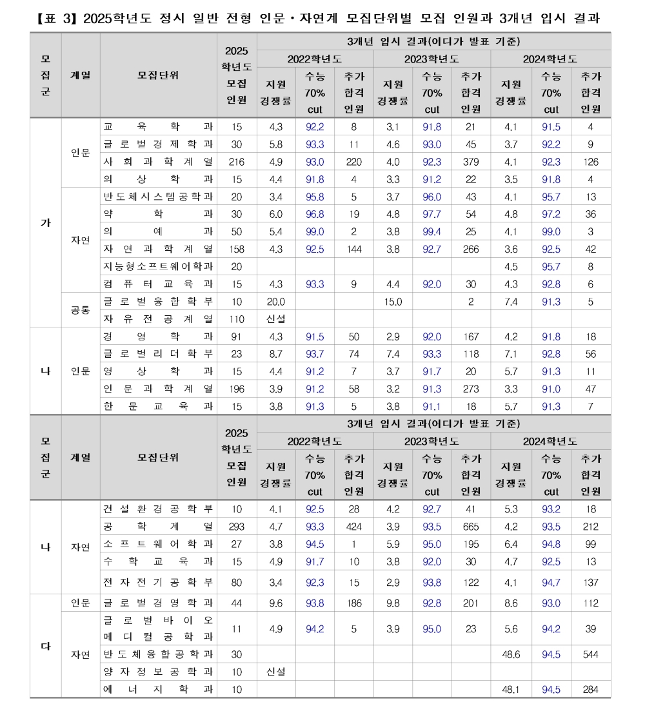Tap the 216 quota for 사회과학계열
point(237,162)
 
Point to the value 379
point(471,162)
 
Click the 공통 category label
point(81,309)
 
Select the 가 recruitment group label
point(46,223)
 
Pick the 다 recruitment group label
point(46,646)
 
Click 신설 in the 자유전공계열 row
point(275,318)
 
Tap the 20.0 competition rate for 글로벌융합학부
point(275,301)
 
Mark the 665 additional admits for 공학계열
point(471,527)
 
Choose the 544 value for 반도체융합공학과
point(590,654)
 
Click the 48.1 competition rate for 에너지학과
point(510,689)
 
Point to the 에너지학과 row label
point(158,689)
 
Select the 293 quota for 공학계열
point(237,527)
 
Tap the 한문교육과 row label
point(158,406)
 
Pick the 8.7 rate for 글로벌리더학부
point(275,354)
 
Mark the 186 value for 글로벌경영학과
point(353,603)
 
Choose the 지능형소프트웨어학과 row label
point(158,266)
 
